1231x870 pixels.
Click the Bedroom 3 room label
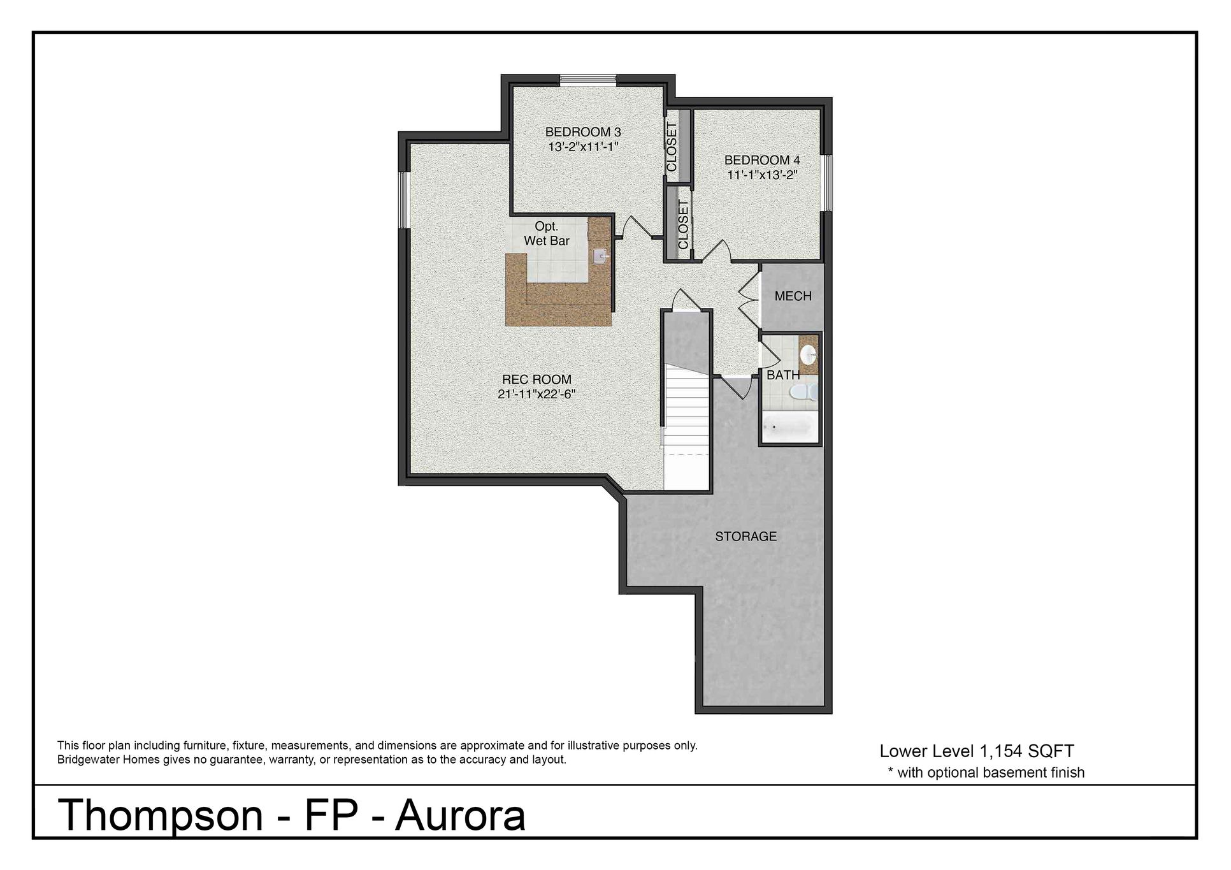(x=583, y=132)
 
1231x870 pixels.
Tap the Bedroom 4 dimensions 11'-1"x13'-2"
(x=763, y=175)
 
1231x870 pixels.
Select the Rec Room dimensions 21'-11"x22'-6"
(x=536, y=395)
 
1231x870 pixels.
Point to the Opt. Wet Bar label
(x=547, y=233)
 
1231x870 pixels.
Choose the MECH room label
(x=793, y=296)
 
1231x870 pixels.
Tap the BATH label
(x=783, y=375)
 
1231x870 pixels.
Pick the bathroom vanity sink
(x=809, y=353)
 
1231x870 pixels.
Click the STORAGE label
(x=746, y=537)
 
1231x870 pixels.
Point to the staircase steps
(x=687, y=409)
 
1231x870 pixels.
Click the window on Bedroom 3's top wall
(x=588, y=80)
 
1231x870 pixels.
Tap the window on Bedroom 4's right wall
(x=826, y=182)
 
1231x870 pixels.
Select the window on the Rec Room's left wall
(x=403, y=200)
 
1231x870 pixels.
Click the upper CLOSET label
(x=672, y=147)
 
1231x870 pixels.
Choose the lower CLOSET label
(x=683, y=225)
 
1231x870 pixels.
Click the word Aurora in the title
(x=461, y=816)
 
